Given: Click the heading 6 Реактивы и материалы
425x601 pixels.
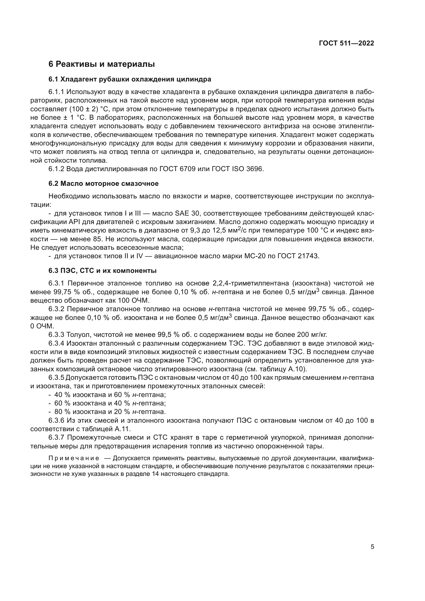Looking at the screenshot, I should click(x=101, y=64).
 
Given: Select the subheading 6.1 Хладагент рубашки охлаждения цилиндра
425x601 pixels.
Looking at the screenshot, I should click(x=130, y=79).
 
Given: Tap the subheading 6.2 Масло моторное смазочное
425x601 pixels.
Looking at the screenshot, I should click(x=103, y=183).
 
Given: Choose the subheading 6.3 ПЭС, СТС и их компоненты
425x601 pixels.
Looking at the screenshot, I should click(x=102, y=271).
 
